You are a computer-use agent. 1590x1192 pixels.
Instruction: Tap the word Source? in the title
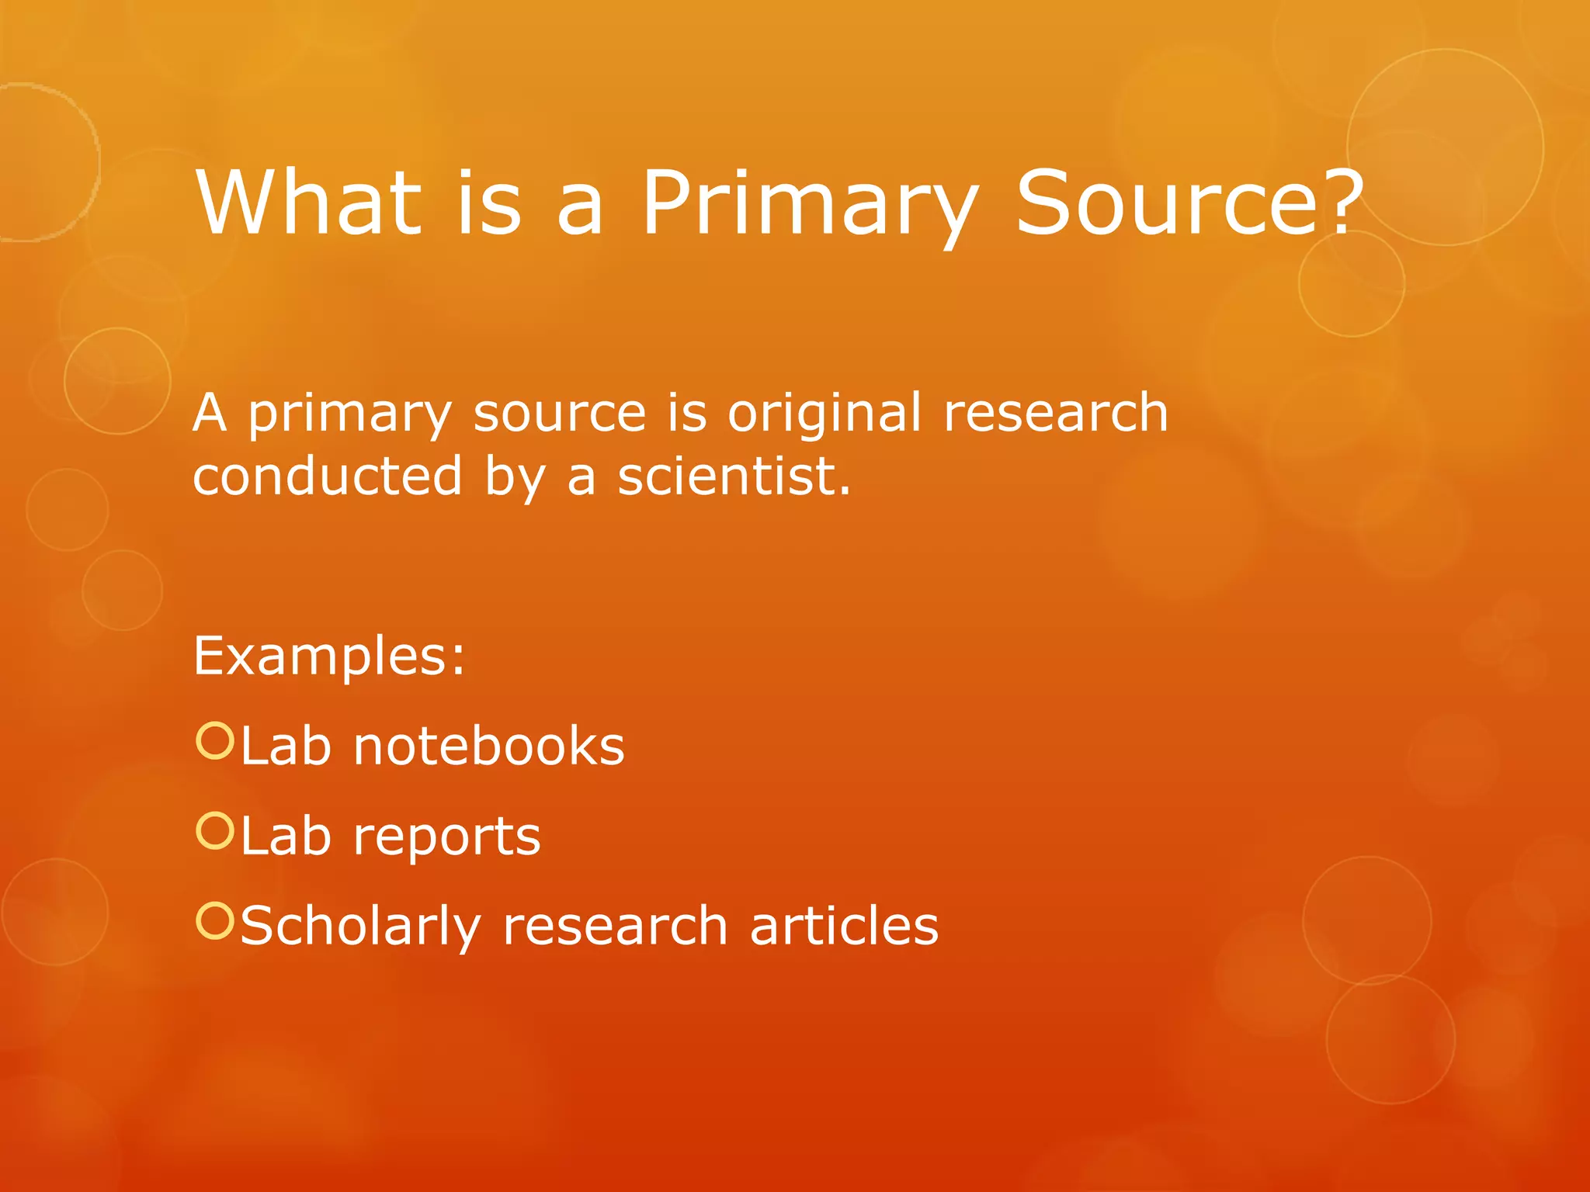pos(1188,203)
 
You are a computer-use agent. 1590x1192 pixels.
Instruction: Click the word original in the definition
pos(824,413)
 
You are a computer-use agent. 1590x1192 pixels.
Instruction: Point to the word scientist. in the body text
pos(734,476)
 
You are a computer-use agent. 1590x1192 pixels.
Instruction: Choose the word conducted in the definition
pos(327,476)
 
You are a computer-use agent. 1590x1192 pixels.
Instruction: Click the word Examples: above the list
pos(329,657)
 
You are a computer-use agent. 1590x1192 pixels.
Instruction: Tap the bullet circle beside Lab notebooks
pos(214,741)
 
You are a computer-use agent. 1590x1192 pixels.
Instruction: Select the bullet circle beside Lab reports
pos(214,831)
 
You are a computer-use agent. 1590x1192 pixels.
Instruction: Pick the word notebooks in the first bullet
pos(488,747)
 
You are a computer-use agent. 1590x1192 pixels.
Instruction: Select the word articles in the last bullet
pos(844,927)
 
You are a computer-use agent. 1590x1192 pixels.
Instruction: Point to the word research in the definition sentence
pos(1055,413)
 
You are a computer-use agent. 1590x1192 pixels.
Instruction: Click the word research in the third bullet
pos(615,927)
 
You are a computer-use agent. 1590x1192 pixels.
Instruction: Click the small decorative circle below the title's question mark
pos(1352,284)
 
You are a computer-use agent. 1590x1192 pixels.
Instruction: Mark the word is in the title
pos(488,203)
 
